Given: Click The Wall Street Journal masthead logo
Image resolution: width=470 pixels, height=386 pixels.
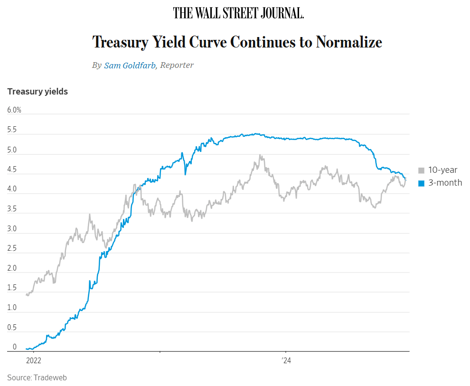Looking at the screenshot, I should click(x=238, y=13).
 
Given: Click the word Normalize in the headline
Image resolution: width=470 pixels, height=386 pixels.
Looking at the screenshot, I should click(x=349, y=42).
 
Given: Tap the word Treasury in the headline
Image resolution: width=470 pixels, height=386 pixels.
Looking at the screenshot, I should click(x=120, y=42).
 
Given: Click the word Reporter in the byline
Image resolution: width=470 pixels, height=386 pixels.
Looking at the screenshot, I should click(x=177, y=66).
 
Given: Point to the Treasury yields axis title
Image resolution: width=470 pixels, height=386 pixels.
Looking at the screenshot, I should click(x=38, y=92).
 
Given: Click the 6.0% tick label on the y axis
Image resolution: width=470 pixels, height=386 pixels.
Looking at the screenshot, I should click(x=14, y=110).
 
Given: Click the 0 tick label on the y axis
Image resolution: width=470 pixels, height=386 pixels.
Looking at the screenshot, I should click(x=14, y=347).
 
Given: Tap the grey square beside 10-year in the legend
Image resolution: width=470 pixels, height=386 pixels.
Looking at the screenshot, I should click(x=421, y=170).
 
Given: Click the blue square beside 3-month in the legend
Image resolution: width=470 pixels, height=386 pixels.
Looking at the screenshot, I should click(x=421, y=183).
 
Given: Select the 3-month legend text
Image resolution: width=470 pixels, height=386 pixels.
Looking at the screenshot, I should click(x=445, y=183).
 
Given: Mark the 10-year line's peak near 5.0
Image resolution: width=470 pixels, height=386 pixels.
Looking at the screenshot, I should click(x=260, y=155).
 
